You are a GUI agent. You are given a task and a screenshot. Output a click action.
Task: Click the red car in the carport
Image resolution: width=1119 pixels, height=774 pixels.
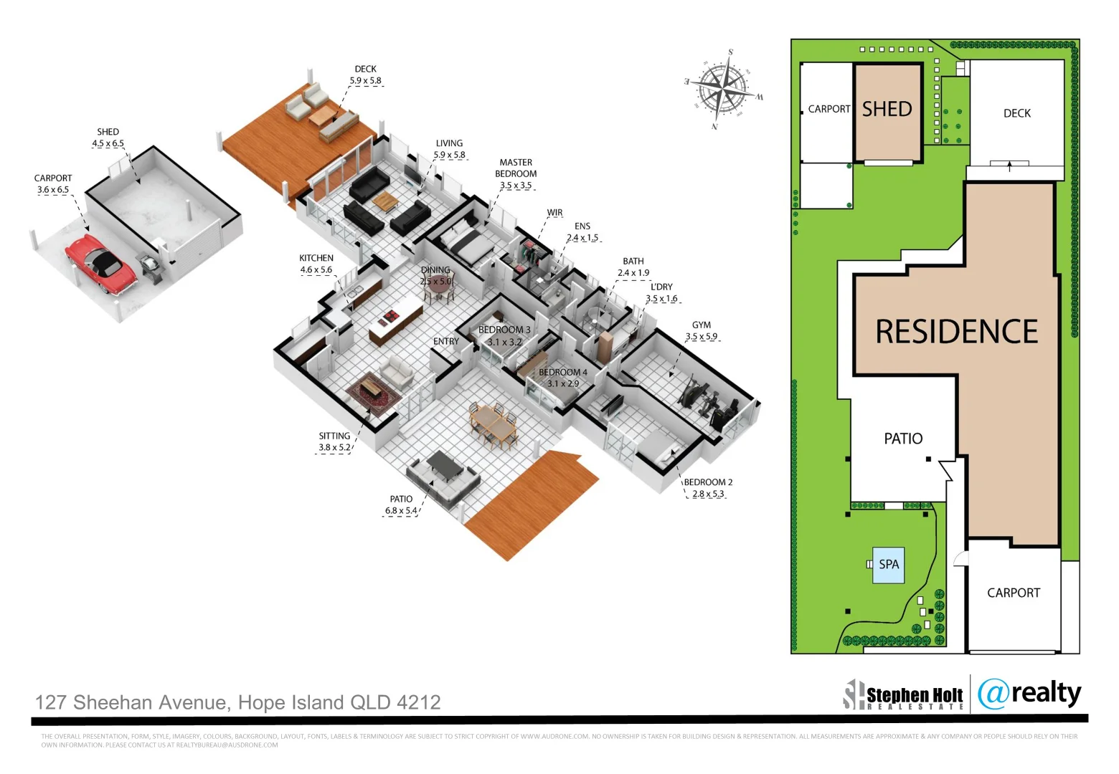click(100, 263)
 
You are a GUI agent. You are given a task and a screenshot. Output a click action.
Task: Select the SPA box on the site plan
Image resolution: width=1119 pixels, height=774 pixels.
click(888, 565)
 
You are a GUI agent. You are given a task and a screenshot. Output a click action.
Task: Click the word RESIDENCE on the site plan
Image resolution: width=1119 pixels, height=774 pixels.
click(956, 332)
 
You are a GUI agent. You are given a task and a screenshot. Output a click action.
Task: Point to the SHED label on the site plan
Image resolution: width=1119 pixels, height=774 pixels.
click(887, 109)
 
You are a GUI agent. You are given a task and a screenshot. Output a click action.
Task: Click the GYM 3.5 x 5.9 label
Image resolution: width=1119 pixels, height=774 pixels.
click(701, 331)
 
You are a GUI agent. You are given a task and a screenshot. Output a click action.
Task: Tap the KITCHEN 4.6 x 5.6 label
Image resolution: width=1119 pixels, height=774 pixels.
click(316, 264)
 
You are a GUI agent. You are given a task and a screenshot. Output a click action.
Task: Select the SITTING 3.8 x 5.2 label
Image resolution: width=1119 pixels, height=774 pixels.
click(334, 441)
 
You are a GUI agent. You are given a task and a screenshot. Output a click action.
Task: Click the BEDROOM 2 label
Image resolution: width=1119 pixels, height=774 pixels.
click(708, 488)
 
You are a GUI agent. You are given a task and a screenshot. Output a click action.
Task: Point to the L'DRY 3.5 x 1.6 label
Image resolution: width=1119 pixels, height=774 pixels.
click(661, 292)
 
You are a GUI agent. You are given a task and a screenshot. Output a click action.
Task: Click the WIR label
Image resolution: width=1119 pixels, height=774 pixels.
click(554, 213)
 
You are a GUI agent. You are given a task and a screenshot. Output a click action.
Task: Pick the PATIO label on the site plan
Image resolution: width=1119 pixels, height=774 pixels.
click(903, 439)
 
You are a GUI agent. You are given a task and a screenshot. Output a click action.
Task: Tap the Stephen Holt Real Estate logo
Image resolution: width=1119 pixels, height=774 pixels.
click(904, 694)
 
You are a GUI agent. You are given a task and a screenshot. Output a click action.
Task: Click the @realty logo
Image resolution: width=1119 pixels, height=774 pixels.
click(1029, 693)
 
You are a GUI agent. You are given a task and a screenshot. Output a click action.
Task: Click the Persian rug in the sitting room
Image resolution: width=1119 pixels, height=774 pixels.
click(372, 391)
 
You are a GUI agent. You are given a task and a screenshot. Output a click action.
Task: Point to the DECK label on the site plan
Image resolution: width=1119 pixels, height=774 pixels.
click(1016, 113)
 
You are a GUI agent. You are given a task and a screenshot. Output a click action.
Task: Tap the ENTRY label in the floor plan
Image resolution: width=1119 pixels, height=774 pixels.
click(445, 342)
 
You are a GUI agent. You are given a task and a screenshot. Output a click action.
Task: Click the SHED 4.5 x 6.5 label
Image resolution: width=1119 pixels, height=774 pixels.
click(108, 138)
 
